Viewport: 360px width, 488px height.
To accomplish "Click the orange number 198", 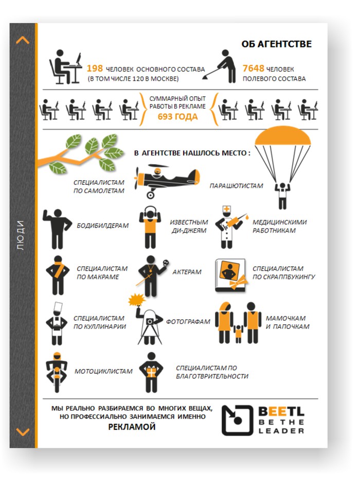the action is click(x=95, y=68).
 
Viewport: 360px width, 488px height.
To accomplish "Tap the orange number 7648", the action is click(x=253, y=68).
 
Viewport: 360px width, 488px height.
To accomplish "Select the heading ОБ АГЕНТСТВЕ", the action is click(x=276, y=44).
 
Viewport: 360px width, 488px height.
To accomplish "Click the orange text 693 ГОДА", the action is click(x=177, y=117).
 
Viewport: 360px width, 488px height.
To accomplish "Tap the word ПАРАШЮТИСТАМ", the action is click(x=236, y=186).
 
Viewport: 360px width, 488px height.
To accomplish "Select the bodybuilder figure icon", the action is click(x=57, y=229).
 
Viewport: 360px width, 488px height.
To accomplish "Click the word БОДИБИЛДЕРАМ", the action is click(x=102, y=225).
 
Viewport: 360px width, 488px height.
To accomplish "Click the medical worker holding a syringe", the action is click(x=229, y=227).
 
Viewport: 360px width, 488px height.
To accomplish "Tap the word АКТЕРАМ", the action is click(x=187, y=272).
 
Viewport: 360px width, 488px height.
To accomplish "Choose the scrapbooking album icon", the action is click(x=231, y=275).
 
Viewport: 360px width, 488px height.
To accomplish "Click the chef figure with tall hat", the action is click(x=57, y=324).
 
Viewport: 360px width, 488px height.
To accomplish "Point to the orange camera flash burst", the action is click(x=137, y=300).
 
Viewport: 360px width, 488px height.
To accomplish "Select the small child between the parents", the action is click(x=238, y=334).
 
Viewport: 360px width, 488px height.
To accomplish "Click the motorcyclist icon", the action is click(x=57, y=372).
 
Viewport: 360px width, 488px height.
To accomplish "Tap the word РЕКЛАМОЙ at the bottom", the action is click(x=132, y=427).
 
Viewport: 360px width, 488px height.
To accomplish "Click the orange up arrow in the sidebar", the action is click(x=23, y=40).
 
